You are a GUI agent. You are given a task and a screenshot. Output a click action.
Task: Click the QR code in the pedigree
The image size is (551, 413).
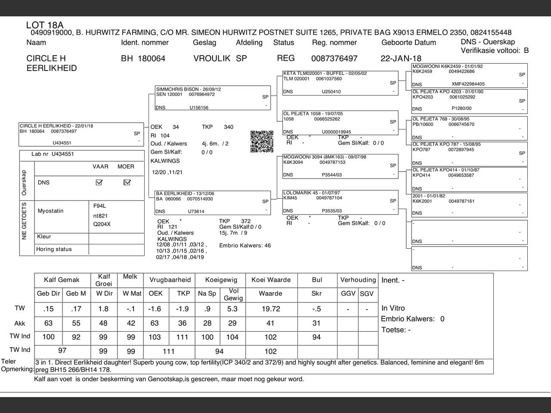coord(262,141)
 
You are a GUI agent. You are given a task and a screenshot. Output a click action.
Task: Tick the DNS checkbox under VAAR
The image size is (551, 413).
coord(99,182)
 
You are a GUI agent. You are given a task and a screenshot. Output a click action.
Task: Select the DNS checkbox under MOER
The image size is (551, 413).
coord(127,182)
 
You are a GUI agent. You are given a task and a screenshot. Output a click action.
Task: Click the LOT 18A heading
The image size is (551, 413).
coord(45,25)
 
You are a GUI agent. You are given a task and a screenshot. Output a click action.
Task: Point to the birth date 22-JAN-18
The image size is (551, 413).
coord(401,59)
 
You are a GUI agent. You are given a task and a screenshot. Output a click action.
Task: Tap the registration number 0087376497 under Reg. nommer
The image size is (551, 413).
coord(334,59)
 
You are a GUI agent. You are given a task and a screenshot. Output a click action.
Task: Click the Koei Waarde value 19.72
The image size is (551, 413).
coord(271,309)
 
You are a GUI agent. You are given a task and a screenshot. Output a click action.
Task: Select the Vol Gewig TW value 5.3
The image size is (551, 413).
coord(232,309)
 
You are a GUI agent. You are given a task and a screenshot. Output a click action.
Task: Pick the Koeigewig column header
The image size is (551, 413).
coord(221,280)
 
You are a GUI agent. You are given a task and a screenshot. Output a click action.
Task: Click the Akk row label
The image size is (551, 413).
coord(20,324)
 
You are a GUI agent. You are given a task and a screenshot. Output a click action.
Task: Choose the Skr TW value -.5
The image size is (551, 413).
coord(316,309)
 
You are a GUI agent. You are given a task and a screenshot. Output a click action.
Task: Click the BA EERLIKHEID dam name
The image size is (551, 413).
coord(174,194)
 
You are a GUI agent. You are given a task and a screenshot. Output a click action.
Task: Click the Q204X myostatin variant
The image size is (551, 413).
coord(102,224)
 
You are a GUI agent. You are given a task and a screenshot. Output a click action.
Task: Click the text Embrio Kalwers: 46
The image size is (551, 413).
coord(245,246)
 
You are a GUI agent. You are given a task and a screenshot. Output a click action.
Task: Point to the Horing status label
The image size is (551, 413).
coord(54,249)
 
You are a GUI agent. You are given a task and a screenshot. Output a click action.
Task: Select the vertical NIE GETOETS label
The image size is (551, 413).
coord(24,221)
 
